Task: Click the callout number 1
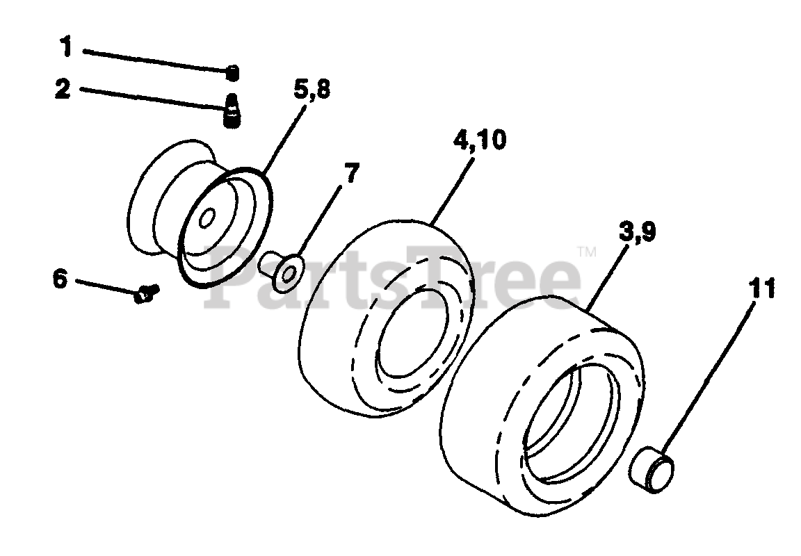(66, 47)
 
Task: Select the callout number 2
(63, 89)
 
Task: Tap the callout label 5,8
(312, 90)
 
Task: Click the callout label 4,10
(480, 140)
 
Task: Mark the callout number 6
(60, 279)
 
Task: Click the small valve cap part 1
(232, 72)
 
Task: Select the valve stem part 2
(232, 111)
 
